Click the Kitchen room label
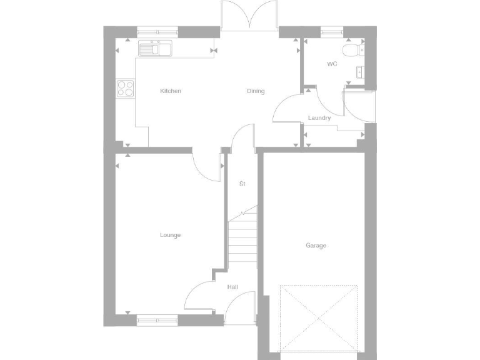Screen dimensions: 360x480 171,91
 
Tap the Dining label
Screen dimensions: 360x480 256,91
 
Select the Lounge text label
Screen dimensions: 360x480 170,235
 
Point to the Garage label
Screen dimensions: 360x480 316,246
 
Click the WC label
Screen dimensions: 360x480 332,64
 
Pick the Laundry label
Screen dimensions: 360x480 319,118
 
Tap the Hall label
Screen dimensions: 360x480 232,287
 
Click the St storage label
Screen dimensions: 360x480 242,184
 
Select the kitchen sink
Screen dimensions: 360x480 155,49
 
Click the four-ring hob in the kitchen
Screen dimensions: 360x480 126,88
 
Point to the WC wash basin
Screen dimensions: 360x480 361,71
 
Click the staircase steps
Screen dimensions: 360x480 242,241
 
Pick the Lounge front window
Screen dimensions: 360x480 157,320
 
